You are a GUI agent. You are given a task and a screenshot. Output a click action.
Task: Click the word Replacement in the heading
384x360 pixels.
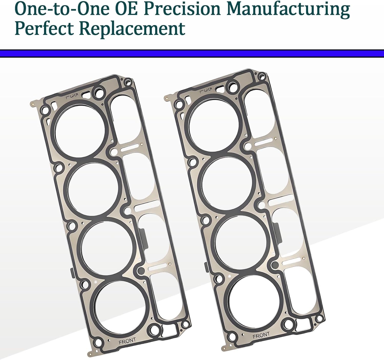[x=132, y=29]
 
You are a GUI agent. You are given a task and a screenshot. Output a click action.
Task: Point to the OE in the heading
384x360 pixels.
[x=128, y=9]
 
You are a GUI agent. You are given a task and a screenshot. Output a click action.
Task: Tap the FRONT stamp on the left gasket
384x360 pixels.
[x=127, y=341]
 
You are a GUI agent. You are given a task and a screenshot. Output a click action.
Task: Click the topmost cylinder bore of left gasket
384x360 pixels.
[x=80, y=130]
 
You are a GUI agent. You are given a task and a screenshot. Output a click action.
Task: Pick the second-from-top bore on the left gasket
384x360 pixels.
[x=94, y=188]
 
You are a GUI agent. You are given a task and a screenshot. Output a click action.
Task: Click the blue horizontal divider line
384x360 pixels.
[x=192, y=53]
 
